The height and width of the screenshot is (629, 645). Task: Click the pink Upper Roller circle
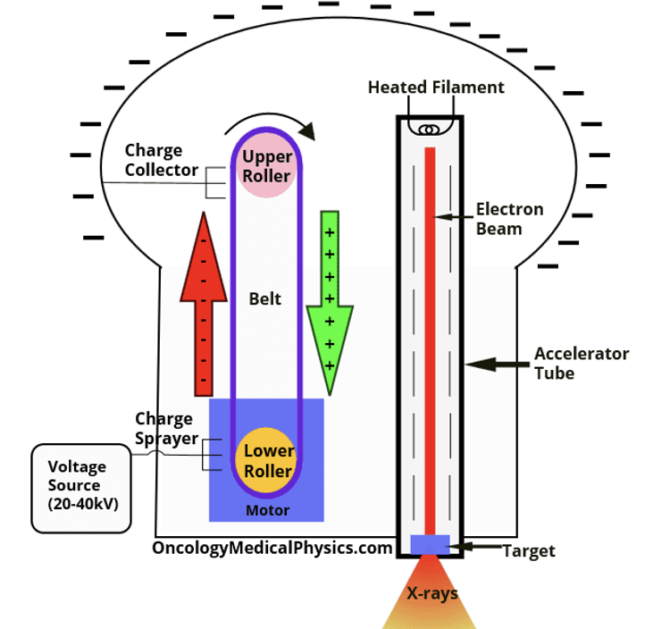tap(267, 167)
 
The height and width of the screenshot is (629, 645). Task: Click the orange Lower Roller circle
tap(268, 461)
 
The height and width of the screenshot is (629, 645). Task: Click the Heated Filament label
tap(436, 87)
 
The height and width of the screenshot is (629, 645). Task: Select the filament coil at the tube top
tap(430, 129)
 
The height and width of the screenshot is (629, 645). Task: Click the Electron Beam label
tap(509, 219)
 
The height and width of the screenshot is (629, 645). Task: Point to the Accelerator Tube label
tap(581, 363)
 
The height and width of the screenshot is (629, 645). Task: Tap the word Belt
tap(264, 298)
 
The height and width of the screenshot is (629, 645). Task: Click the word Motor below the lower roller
tap(267, 511)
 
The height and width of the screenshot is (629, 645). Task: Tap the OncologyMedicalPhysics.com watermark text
tap(273, 547)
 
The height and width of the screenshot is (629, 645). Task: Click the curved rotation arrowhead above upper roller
tap(307, 132)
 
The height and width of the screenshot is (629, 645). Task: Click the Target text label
tap(528, 550)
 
